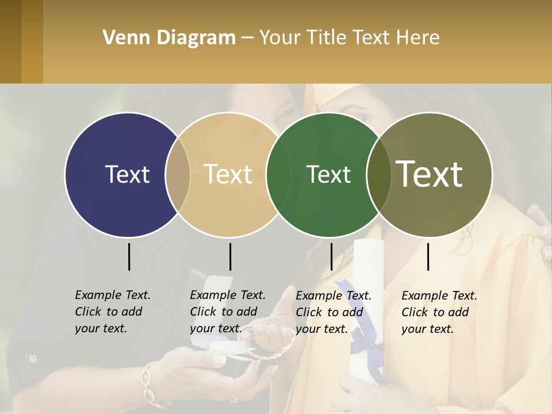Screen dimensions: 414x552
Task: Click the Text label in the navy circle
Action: click(127, 174)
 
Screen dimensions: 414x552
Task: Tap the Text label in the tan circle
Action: click(228, 174)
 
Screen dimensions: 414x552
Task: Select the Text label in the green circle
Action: click(328, 174)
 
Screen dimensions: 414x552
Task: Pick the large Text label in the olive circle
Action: click(430, 174)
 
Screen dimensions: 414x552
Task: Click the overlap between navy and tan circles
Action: click(178, 174)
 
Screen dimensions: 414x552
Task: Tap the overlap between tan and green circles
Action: click(278, 174)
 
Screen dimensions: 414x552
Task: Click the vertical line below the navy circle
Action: click(129, 256)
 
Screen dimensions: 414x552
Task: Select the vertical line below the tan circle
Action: click(230, 256)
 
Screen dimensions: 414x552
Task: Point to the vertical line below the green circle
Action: click(331, 256)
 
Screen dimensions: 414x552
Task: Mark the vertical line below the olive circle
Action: click(428, 256)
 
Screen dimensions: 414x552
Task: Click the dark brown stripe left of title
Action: click(11, 41)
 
